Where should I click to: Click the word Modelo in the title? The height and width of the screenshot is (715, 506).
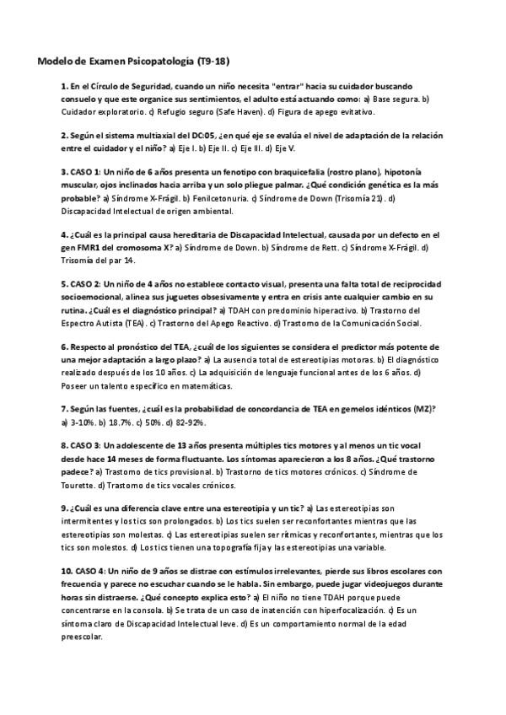(x=54, y=62)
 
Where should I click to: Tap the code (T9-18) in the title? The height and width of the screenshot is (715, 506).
(x=213, y=62)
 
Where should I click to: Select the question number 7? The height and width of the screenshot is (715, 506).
(x=65, y=408)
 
